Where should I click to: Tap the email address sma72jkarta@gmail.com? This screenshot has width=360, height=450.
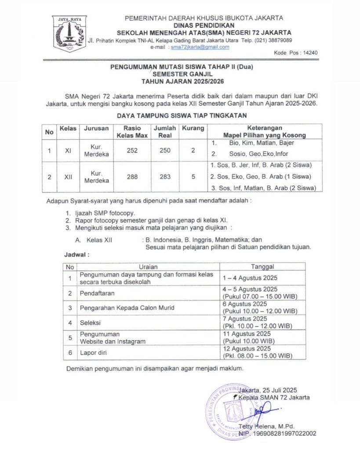(200, 47)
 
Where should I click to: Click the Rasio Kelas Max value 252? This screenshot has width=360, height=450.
(132, 150)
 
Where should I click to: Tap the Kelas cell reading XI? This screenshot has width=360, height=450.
(68, 150)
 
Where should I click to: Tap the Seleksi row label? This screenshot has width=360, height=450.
(91, 323)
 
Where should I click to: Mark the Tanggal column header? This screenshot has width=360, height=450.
(262, 267)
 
